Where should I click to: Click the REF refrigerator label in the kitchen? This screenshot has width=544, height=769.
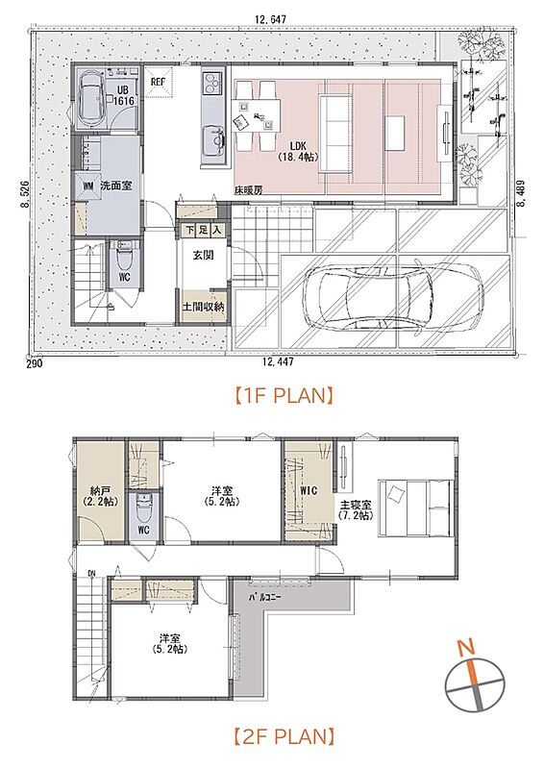click(x=158, y=82)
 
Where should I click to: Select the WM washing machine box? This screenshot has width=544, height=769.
click(x=87, y=186)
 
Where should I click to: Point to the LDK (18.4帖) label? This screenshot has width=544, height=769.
click(x=297, y=152)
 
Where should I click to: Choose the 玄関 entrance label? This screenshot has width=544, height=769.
click(x=203, y=255)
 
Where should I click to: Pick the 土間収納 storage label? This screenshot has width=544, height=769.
click(x=204, y=307)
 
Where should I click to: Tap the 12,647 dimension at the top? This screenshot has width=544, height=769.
click(x=270, y=19)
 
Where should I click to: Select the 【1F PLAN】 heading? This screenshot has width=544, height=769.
click(x=283, y=395)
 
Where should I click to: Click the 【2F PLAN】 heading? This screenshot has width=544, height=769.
click(x=283, y=735)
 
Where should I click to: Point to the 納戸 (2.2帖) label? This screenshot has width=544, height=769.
click(x=100, y=496)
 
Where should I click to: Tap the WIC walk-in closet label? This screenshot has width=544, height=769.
click(x=309, y=490)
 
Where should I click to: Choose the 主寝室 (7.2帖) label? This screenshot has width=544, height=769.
click(x=355, y=510)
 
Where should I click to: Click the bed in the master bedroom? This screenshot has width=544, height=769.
click(x=415, y=509)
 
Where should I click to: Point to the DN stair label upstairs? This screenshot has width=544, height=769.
click(x=92, y=573)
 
